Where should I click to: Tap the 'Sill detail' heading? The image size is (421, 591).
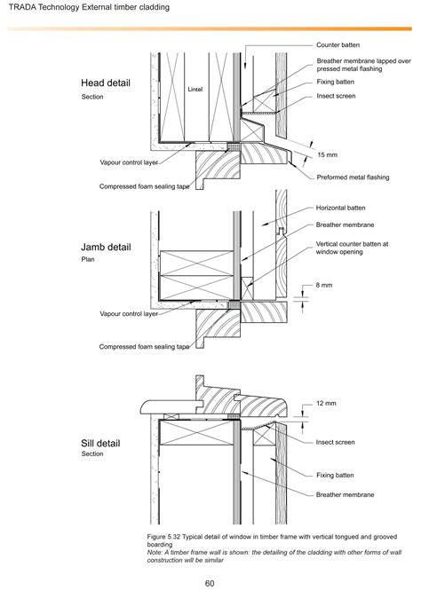pyautogui.click(x=100, y=442)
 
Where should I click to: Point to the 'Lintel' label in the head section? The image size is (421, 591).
pyautogui.click(x=196, y=89)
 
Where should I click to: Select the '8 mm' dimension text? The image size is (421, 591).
pyautogui.click(x=325, y=285)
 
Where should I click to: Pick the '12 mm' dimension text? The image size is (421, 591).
pyautogui.click(x=327, y=404)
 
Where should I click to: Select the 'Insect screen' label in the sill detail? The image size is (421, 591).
pyautogui.click(x=336, y=442)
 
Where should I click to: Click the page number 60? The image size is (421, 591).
pyautogui.click(x=210, y=583)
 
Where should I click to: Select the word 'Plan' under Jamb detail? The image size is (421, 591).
pyautogui.click(x=88, y=261)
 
